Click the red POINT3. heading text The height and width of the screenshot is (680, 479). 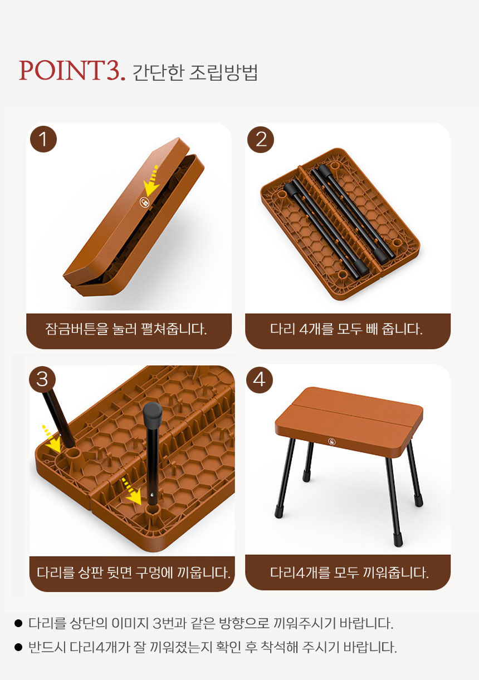[x=72, y=71]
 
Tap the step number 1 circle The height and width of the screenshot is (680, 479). [x=43, y=139]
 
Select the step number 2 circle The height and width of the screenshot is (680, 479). [x=261, y=139]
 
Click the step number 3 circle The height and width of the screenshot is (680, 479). [x=42, y=379]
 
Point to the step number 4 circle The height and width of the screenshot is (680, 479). [x=259, y=380]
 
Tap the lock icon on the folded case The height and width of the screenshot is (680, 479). [x=144, y=202]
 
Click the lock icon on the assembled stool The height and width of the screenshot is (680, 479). [x=331, y=441]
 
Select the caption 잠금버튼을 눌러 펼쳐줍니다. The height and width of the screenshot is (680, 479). [x=126, y=329]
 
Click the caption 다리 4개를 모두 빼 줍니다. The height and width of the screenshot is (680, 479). [x=346, y=329]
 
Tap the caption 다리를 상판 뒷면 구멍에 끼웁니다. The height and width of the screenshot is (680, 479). [x=133, y=573]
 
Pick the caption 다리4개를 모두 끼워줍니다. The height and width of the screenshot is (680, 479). [x=349, y=573]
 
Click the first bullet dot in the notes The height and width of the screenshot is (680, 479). [x=18, y=623]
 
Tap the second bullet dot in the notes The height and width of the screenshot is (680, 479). [x=18, y=647]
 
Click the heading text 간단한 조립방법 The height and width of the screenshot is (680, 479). [x=195, y=72]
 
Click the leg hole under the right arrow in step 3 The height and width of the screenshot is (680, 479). [x=153, y=511]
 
